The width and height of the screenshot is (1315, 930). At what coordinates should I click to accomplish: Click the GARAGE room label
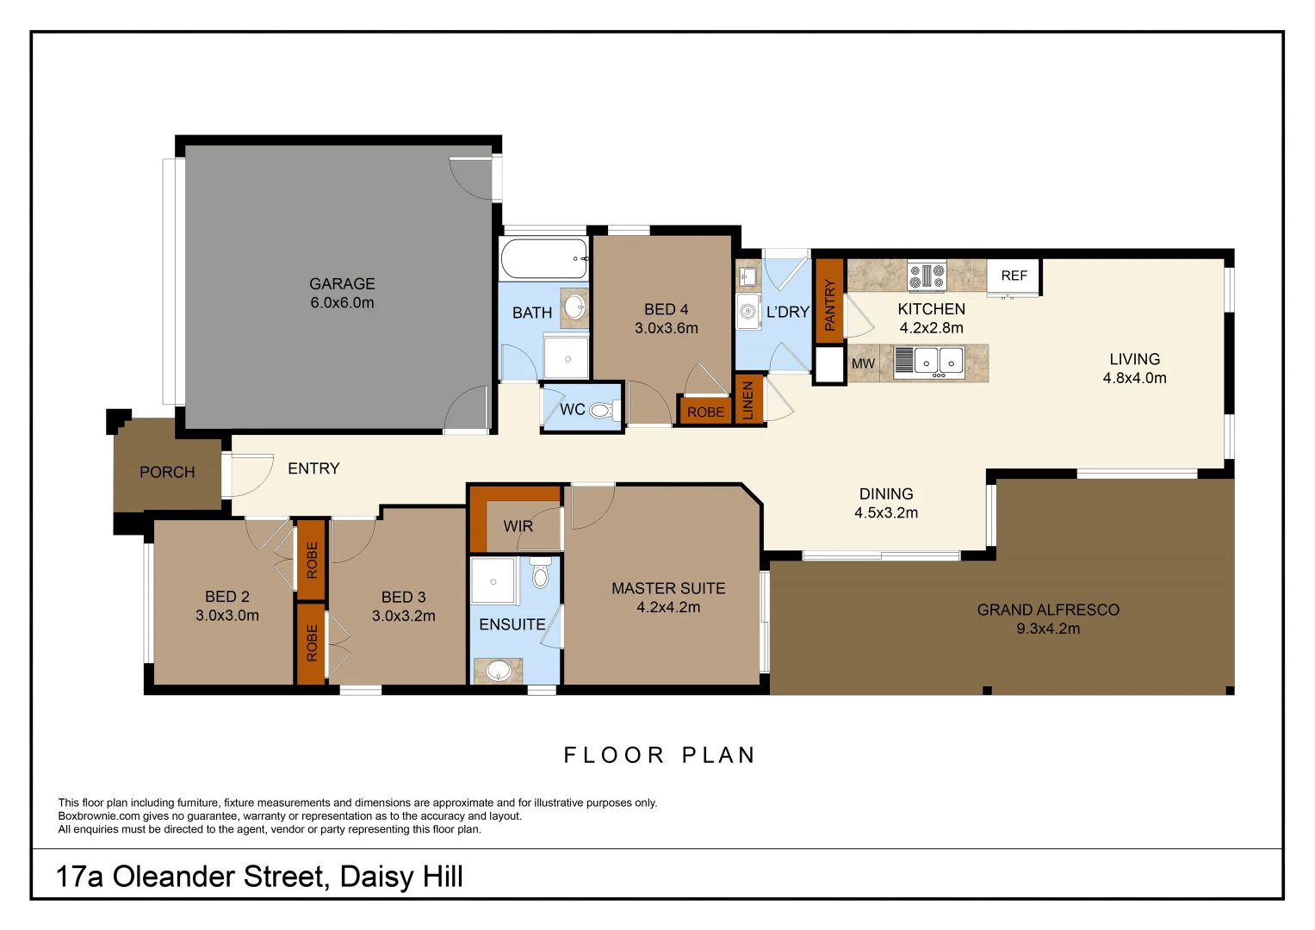(342, 283)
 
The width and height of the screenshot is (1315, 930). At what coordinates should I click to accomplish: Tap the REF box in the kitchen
(1014, 276)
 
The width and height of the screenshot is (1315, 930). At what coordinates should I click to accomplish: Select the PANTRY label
(829, 305)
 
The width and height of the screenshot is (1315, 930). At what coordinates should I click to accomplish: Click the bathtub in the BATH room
(543, 258)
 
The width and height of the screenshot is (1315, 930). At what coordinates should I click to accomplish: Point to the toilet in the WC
(604, 411)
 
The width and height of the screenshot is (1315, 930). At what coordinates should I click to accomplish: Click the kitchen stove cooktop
(927, 276)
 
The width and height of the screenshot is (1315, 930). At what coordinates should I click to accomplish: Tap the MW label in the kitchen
(863, 363)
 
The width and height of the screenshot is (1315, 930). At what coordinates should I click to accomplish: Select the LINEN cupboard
(747, 400)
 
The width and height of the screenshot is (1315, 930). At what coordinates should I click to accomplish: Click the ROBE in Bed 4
(705, 412)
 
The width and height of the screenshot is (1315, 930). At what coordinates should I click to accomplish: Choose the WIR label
(518, 526)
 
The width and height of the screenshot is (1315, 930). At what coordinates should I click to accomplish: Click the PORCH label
(167, 472)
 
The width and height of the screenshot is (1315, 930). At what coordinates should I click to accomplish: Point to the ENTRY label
(313, 468)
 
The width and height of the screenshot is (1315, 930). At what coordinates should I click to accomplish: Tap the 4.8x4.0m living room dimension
(1134, 378)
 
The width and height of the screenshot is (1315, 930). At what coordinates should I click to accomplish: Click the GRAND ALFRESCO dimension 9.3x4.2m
(1048, 629)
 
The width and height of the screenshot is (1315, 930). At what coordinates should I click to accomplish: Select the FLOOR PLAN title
(660, 755)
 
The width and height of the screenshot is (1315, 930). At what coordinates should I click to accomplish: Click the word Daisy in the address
(373, 877)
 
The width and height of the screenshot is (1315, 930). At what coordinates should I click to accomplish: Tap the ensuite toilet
(541, 574)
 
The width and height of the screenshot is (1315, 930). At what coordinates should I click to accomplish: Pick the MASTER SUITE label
(668, 588)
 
